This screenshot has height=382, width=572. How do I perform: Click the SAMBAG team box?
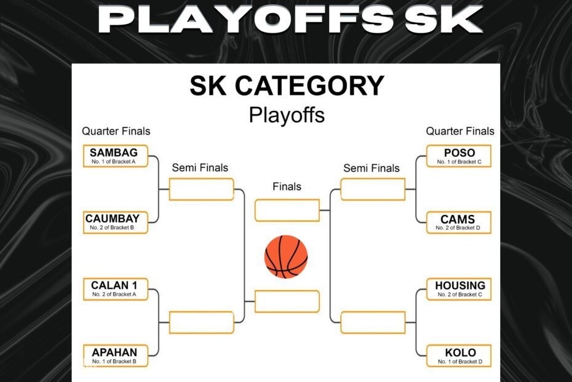click(x=115, y=156)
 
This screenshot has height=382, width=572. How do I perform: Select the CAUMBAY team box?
click(x=115, y=222)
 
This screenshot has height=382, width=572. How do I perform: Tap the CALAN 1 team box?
click(x=115, y=289)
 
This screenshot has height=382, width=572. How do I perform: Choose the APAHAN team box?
click(x=115, y=356)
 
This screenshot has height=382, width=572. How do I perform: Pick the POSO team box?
click(x=459, y=156)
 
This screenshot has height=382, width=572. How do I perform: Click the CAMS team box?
click(x=459, y=222)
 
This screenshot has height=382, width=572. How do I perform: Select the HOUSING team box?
click(x=459, y=289)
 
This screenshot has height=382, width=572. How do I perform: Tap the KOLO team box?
click(x=459, y=356)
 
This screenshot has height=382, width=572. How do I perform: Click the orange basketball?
click(x=286, y=256)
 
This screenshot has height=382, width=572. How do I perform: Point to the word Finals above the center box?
click(x=287, y=187)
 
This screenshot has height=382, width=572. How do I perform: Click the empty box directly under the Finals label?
click(x=287, y=210)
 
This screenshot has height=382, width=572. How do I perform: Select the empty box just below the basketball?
click(x=287, y=301)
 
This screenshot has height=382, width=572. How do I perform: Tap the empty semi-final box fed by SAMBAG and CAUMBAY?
click(x=201, y=189)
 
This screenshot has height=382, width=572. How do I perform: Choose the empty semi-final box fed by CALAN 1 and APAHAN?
click(x=201, y=322)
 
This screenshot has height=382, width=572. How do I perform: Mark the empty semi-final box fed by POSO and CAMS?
click(x=373, y=189)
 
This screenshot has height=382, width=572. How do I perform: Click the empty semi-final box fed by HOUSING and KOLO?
click(x=373, y=322)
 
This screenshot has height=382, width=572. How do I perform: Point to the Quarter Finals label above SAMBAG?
click(x=116, y=131)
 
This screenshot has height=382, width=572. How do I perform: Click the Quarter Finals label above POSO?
click(x=460, y=131)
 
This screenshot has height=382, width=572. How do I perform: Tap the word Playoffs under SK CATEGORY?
click(x=287, y=115)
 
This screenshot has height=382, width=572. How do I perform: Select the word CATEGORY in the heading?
click(x=309, y=86)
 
